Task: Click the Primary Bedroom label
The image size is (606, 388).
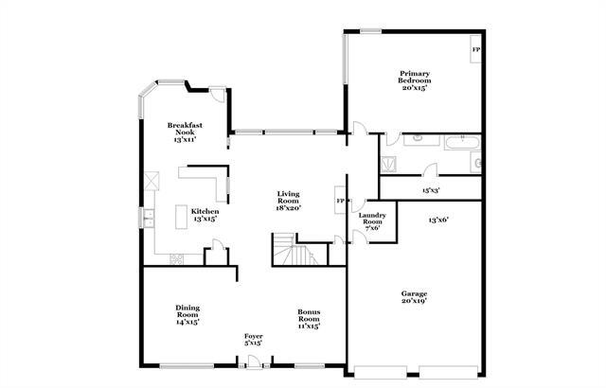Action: pyautogui.click(x=414, y=77)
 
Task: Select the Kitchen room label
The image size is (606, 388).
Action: pyautogui.click(x=205, y=211)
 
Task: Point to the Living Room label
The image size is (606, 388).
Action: pyautogui.click(x=288, y=197)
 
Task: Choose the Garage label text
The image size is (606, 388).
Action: pyautogui.click(x=413, y=293)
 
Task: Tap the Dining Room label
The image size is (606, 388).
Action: pyautogui.click(x=187, y=310)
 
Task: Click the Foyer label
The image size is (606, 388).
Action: pyautogui.click(x=253, y=337)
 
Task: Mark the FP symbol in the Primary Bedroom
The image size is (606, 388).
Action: pyautogui.click(x=475, y=49)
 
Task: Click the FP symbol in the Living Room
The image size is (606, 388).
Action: pyautogui.click(x=340, y=202)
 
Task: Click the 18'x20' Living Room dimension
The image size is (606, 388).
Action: pyautogui.click(x=288, y=208)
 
